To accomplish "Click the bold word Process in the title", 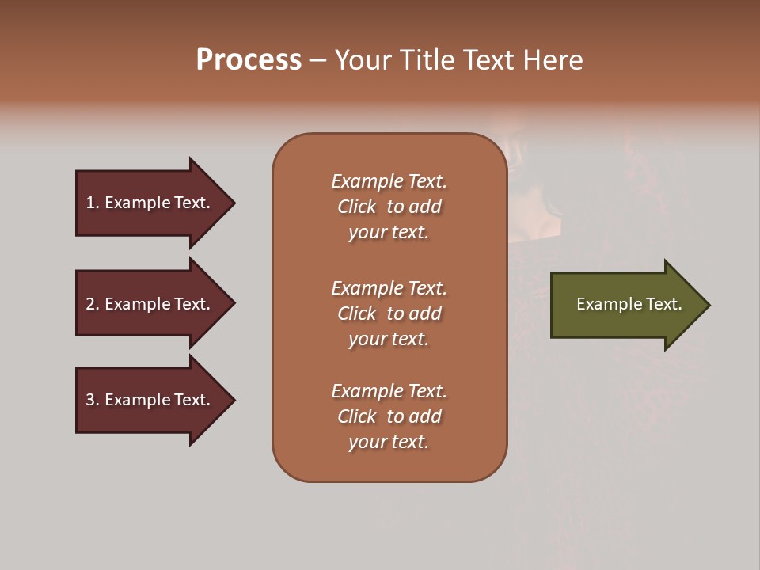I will click(249, 60).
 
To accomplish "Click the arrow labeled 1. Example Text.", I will click(150, 203).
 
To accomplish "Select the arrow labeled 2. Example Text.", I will click(150, 304).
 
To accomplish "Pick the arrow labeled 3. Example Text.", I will click(150, 400).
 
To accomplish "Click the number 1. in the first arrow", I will click(93, 203).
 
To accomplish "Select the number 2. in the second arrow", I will click(93, 304).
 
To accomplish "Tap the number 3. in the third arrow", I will click(93, 400).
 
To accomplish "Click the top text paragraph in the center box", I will click(389, 207).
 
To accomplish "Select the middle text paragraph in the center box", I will click(389, 313).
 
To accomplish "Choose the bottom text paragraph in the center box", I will click(389, 416).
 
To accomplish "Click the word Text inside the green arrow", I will click(663, 304).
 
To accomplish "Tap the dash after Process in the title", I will click(317, 61).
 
